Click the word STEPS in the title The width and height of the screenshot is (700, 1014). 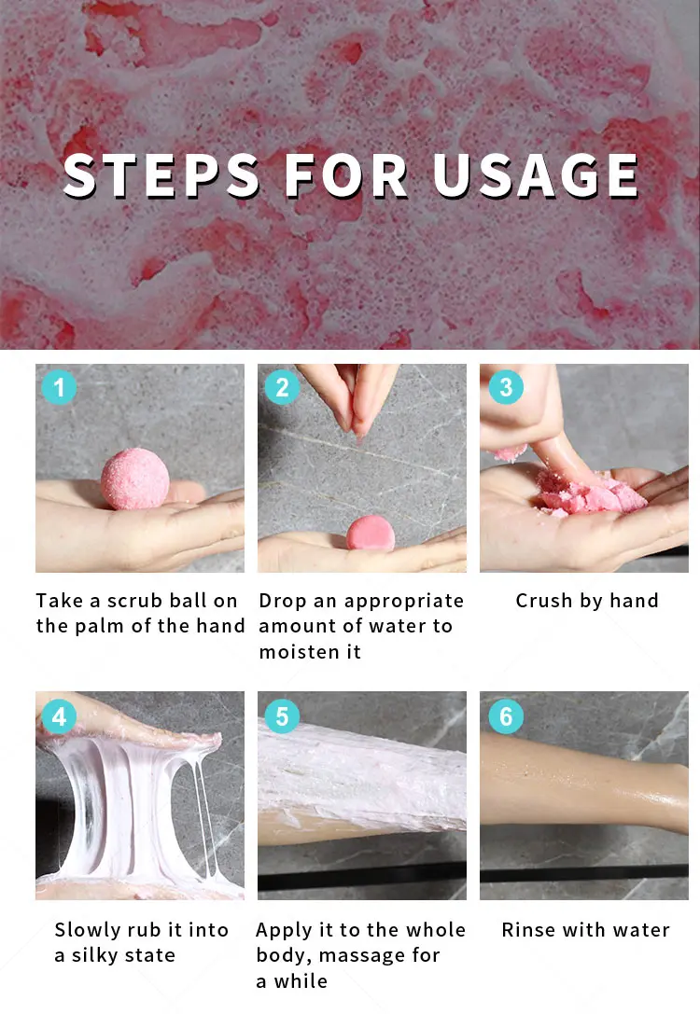pos(161,175)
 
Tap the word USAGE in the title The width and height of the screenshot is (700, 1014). pos(536,175)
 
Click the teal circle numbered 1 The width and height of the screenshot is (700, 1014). pos(59,387)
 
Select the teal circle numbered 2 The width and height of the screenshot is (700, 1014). pos(282,387)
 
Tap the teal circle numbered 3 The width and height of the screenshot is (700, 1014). pos(506,387)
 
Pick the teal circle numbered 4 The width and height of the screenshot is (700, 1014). pos(59,716)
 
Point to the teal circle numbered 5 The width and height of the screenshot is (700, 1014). pos(282,716)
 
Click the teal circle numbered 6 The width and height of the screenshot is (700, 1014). pos(506,716)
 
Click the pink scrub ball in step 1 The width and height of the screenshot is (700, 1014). pos(134,479)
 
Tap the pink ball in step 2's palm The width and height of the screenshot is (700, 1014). pos(371,534)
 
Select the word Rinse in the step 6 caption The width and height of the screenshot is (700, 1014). pos(528,930)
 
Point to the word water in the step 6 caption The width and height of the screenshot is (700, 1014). pos(641,930)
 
